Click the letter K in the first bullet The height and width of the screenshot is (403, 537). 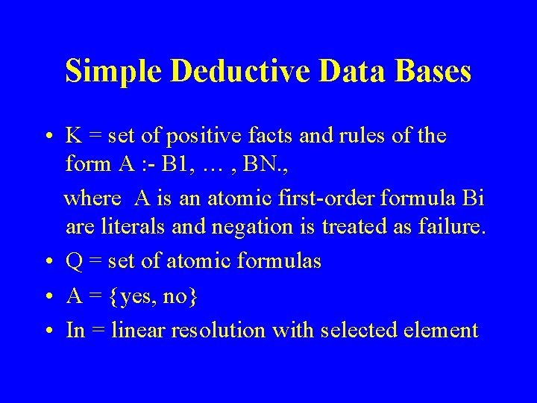74,136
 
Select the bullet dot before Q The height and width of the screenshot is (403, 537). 48,262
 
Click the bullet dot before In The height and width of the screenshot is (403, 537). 48,331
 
